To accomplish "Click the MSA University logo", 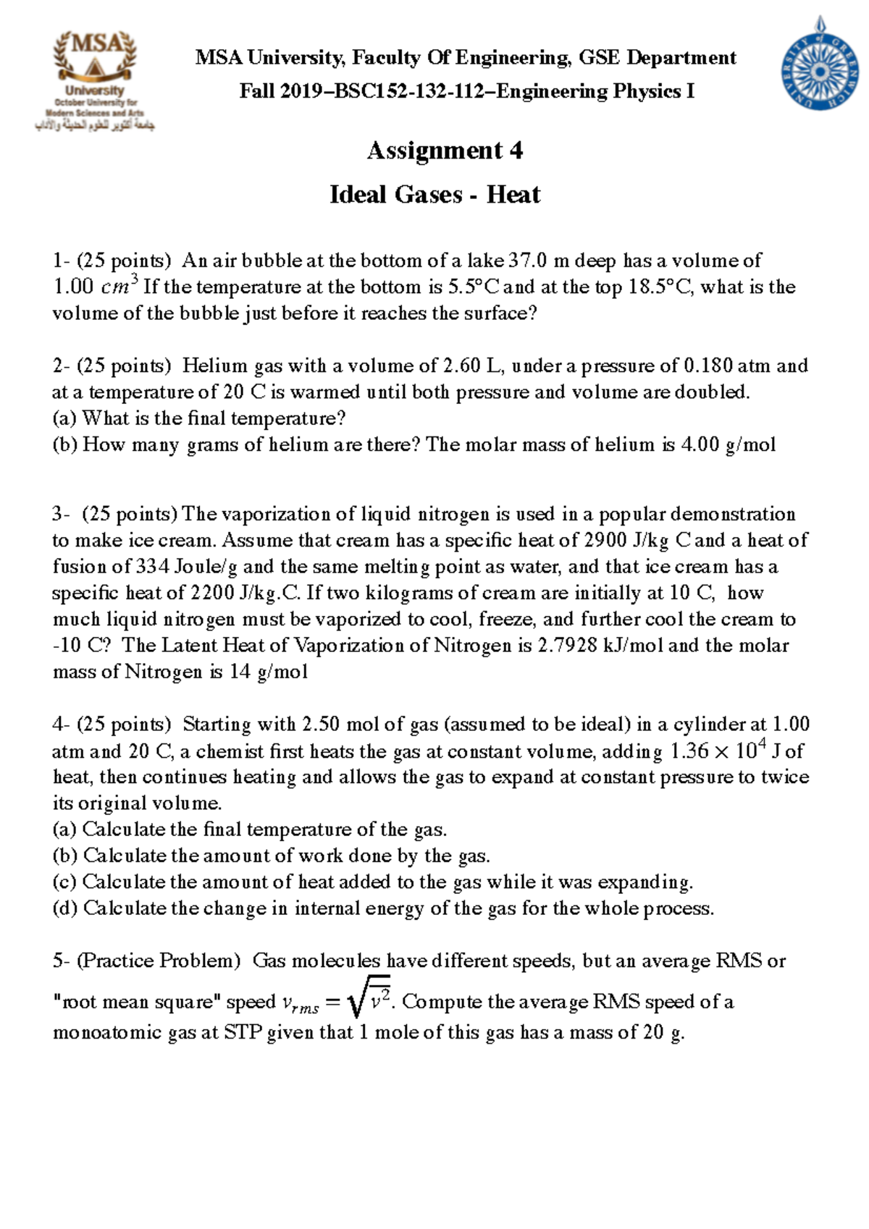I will tap(95, 80).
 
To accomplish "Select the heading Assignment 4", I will tap(445, 151).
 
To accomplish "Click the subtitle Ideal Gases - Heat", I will tap(434, 195).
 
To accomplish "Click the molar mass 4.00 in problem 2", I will tap(700, 444).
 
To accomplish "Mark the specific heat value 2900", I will tap(606, 541).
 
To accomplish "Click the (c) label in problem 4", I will tap(64, 882).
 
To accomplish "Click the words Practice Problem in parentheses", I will tap(159, 961).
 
